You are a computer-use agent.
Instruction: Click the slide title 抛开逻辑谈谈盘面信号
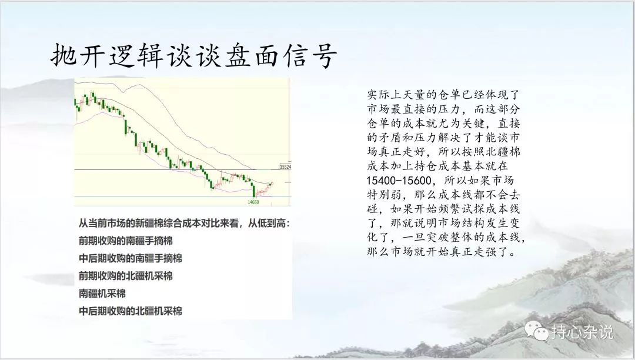click(x=194, y=55)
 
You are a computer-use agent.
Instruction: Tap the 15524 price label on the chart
click(x=286, y=166)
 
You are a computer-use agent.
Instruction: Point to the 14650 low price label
click(x=253, y=202)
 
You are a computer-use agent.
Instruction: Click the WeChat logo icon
click(x=537, y=331)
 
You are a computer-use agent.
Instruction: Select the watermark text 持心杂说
click(x=582, y=332)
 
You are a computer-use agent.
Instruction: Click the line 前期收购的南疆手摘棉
click(x=126, y=241)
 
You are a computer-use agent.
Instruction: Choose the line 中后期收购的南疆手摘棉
click(x=131, y=258)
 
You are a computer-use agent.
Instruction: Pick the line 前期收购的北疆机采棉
click(x=126, y=276)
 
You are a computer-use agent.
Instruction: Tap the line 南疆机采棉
click(x=102, y=294)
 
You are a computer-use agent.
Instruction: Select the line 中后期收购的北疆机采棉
click(x=131, y=311)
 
